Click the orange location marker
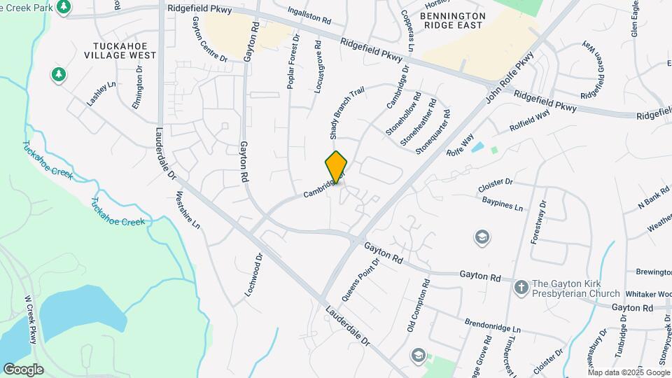pos(337,167)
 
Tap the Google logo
pos(23,369)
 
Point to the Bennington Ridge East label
pos(452,20)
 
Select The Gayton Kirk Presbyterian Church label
pos(575,288)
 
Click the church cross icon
pos(521,287)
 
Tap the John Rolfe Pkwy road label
pos(510,76)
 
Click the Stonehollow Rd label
pos(403,114)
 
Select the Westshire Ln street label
pos(188,210)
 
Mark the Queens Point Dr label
pos(361,276)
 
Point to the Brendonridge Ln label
pos(493,325)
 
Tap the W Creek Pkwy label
pos(30,318)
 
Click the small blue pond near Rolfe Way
pos(477,148)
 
